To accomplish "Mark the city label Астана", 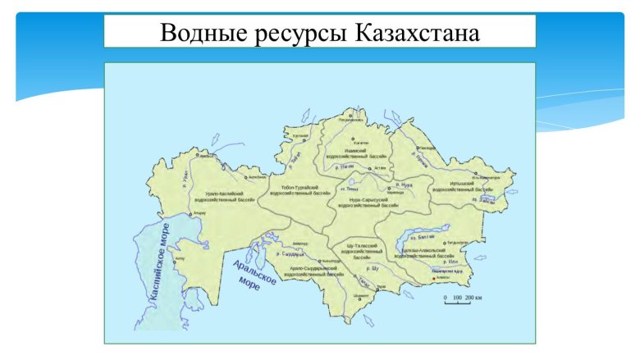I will (x=378, y=167).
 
